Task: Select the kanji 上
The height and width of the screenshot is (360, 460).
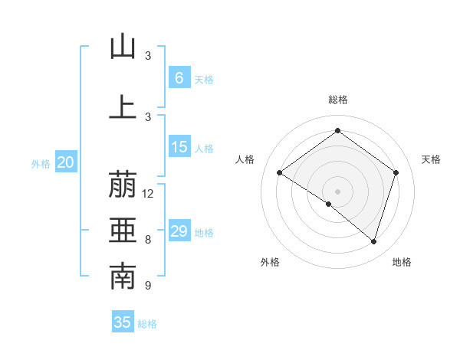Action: click(123, 106)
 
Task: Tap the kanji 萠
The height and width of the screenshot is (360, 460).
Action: click(123, 186)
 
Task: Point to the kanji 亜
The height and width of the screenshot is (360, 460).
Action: click(123, 231)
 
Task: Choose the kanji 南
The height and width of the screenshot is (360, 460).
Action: click(123, 277)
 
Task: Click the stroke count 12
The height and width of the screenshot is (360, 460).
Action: click(149, 194)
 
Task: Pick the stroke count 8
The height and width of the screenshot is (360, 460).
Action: click(148, 240)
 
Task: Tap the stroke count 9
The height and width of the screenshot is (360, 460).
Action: click(148, 286)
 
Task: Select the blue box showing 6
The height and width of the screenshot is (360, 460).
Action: click(179, 77)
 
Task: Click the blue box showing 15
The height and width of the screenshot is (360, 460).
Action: click(179, 147)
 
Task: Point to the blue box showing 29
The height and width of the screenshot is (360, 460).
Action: click(179, 231)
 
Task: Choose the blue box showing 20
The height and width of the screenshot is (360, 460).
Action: click(66, 162)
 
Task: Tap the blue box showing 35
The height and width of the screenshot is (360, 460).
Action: click(123, 322)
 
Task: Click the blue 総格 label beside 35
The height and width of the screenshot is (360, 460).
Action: click(147, 324)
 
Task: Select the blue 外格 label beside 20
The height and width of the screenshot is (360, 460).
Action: click(41, 164)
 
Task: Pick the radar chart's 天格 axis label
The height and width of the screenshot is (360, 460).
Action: click(431, 159)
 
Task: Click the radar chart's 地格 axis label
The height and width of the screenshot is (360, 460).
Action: click(402, 262)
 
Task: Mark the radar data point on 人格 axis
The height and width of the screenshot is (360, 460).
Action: click(280, 173)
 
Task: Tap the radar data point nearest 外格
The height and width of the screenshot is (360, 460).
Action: click(329, 205)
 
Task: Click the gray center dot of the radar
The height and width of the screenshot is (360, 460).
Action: click(337, 191)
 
